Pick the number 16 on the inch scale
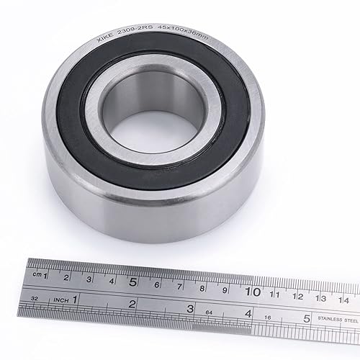pyautogui.click(x=269, y=318)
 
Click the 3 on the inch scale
pyautogui.click(x=189, y=307)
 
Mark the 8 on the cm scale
pyautogui.click(x=202, y=287)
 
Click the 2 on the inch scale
pyautogui.click(x=132, y=303)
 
